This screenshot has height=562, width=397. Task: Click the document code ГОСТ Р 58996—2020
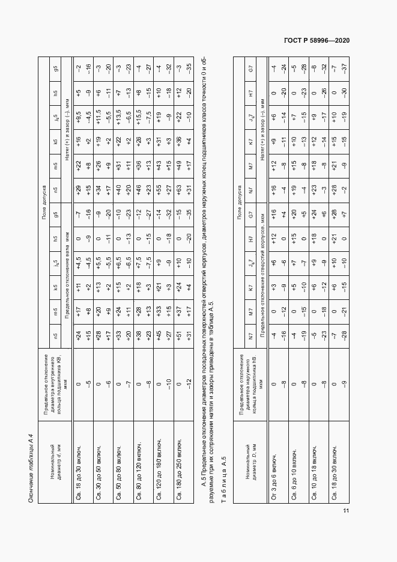[x=317, y=40]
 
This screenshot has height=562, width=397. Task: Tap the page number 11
[x=346, y=510]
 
